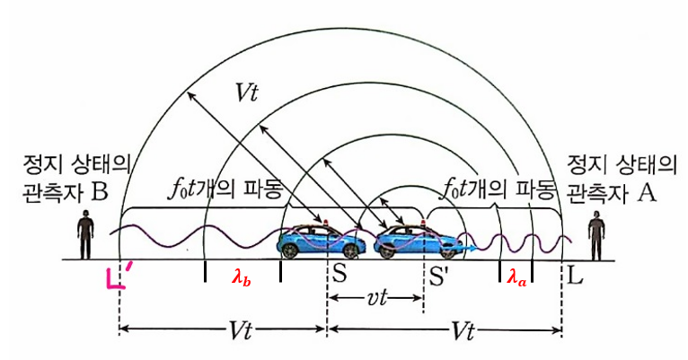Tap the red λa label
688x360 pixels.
pos(514,279)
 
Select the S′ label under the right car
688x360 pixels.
pos(439,277)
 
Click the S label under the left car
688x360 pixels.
pos(340,275)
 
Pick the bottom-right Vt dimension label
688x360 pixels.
pos(461,330)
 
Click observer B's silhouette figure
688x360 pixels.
pos(85,235)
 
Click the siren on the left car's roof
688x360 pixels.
pos(335,221)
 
